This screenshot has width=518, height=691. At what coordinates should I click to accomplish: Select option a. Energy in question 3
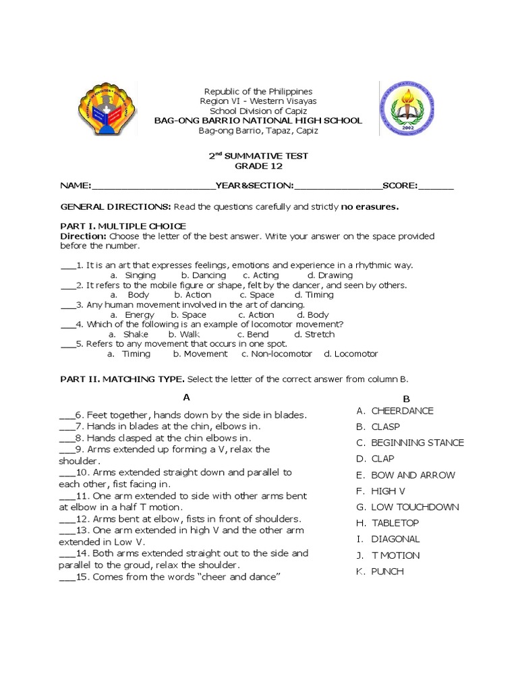(x=134, y=314)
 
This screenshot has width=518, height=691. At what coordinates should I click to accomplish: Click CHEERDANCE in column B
(x=402, y=410)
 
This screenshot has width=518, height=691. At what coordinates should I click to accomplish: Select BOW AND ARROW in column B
(x=413, y=475)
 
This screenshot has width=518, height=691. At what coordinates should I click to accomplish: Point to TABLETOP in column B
(x=395, y=523)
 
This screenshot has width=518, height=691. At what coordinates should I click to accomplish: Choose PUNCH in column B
(x=388, y=572)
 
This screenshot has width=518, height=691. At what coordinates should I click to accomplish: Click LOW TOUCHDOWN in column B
(x=415, y=507)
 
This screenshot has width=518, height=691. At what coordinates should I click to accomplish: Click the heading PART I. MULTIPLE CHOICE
(x=123, y=225)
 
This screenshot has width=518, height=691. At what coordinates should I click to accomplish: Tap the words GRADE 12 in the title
(x=258, y=166)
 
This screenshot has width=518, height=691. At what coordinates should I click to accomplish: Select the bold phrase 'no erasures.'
(x=370, y=206)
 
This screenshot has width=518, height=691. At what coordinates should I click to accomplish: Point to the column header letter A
(x=185, y=397)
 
